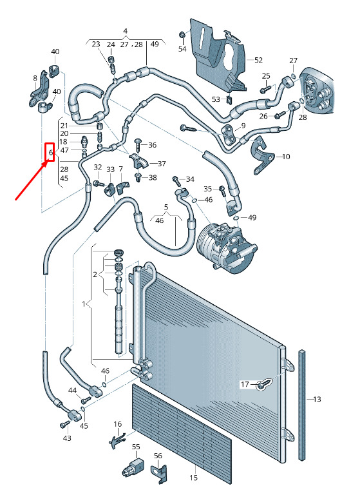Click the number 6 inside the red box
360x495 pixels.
click(x=51, y=152)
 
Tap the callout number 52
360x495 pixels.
click(x=258, y=60)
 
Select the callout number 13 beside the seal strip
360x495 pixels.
click(x=317, y=400)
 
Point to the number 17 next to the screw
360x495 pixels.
click(x=245, y=384)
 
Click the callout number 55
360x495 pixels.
click(x=136, y=447)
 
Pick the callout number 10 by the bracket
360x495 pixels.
click(x=286, y=157)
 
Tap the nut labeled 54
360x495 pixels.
click(x=182, y=34)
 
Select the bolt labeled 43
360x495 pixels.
click(x=64, y=425)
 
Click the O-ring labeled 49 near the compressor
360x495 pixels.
click(x=236, y=217)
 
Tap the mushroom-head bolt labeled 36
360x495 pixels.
click(x=138, y=145)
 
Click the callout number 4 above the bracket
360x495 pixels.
click(x=125, y=31)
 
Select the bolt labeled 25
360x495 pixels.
click(x=265, y=88)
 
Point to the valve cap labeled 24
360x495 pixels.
click(x=111, y=59)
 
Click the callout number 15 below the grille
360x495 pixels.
click(x=193, y=478)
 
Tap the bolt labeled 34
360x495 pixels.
click(x=176, y=181)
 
